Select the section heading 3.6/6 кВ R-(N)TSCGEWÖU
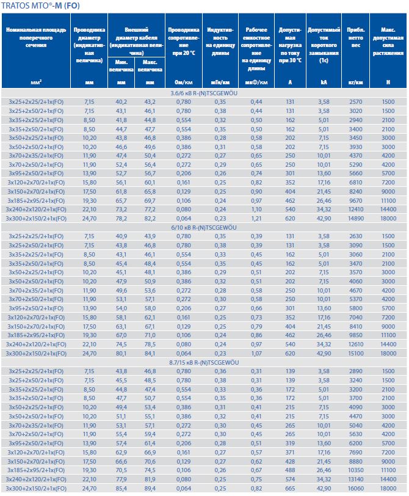[204, 93]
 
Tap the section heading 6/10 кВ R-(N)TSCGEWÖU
[204, 228]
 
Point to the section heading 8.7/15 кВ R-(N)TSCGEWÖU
[204, 363]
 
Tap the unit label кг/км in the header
[355, 81]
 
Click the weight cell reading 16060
[355, 491]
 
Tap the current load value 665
[290, 491]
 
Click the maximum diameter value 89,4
[150, 491]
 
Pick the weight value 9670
[355, 200]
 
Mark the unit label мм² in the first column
[35, 81]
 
